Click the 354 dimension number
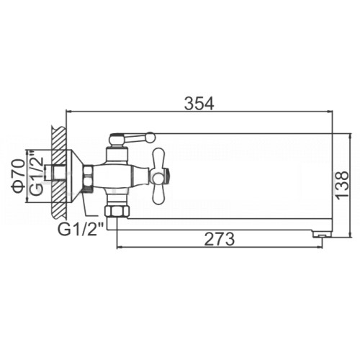199,104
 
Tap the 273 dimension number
219,239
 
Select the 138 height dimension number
342,184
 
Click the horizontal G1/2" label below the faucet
81,230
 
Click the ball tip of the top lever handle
151,137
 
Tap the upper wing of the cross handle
158,158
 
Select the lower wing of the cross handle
158,194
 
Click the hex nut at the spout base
117,211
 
